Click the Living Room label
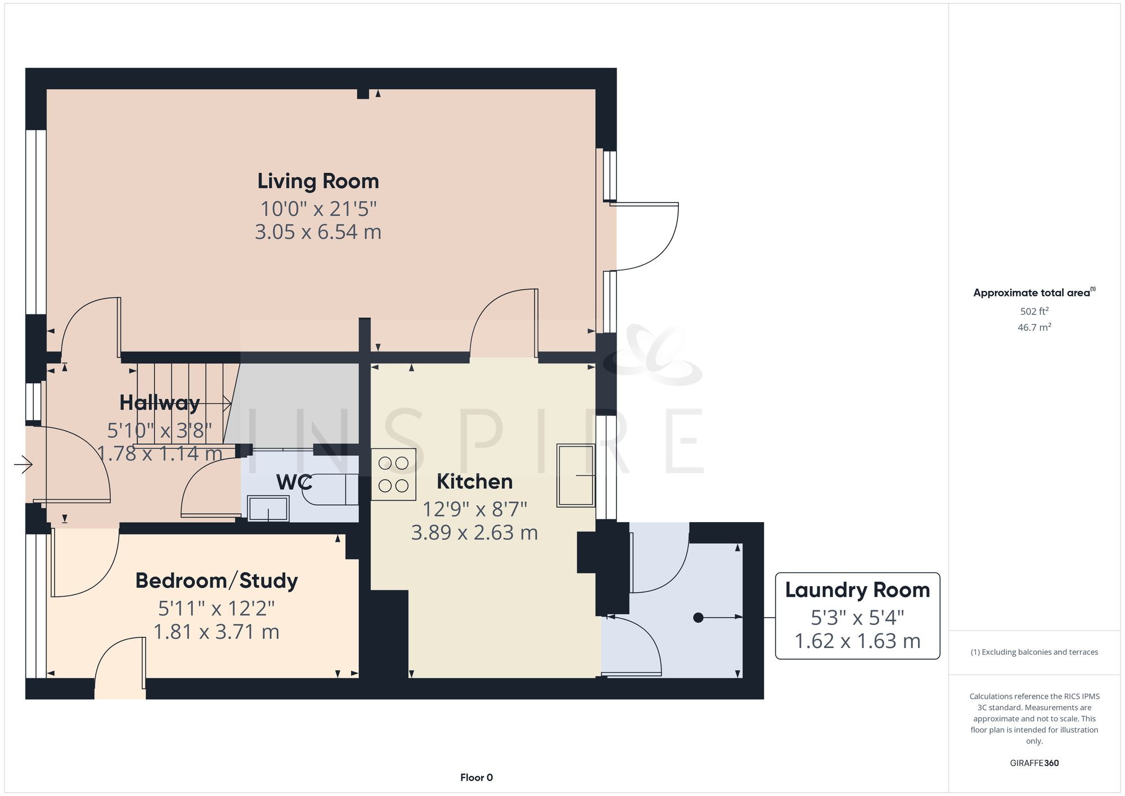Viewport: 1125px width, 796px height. click(x=318, y=182)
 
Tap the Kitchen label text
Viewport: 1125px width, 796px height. click(x=474, y=482)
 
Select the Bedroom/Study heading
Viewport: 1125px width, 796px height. click(x=217, y=581)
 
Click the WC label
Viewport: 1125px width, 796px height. click(x=294, y=483)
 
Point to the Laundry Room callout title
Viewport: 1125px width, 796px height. click(x=857, y=590)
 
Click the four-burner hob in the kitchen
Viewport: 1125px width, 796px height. click(x=393, y=474)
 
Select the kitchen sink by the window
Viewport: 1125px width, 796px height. click(x=575, y=476)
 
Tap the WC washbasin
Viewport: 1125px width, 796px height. click(x=268, y=509)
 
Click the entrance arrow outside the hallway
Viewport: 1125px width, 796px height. click(x=23, y=465)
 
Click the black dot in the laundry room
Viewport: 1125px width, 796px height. click(x=698, y=618)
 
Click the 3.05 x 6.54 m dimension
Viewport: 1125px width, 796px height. click(x=318, y=232)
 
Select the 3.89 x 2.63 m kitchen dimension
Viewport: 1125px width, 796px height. click(x=474, y=533)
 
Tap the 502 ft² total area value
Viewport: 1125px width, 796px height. click(x=1034, y=311)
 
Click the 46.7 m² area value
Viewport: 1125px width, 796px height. click(x=1034, y=327)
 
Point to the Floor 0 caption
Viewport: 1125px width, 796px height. click(x=476, y=777)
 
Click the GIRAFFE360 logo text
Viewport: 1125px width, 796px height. click(x=1034, y=763)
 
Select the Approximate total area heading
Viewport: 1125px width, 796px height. click(x=1032, y=293)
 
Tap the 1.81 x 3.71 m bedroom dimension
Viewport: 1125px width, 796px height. click(x=217, y=632)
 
